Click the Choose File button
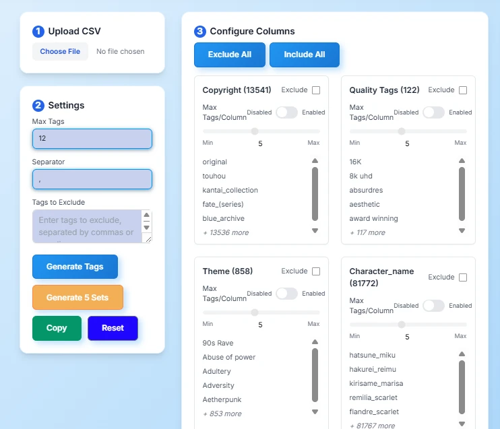pyautogui.click(x=60, y=51)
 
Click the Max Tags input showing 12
pyautogui.click(x=92, y=138)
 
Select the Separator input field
pyautogui.click(x=92, y=179)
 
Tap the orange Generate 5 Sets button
pyautogui.click(x=77, y=297)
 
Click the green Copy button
pyautogui.click(x=57, y=328)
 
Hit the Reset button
pyautogui.click(x=113, y=328)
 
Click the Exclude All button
pyautogui.click(x=229, y=55)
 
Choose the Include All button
pyautogui.click(x=304, y=55)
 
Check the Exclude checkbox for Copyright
pyautogui.click(x=316, y=90)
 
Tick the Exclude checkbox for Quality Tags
pyautogui.click(x=463, y=90)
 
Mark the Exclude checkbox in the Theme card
pyautogui.click(x=316, y=271)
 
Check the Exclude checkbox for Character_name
pyautogui.click(x=463, y=277)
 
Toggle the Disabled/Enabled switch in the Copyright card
pyautogui.click(x=286, y=112)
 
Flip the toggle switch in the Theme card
pyautogui.click(x=286, y=294)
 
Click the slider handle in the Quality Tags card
pyautogui.click(x=402, y=131)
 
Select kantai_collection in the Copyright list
pyautogui.click(x=230, y=190)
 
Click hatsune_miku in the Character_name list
pyautogui.click(x=372, y=355)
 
